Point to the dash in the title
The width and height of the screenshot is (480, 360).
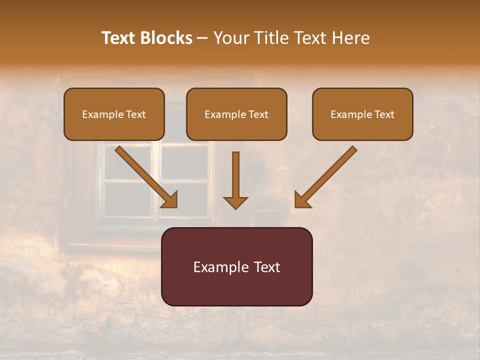(x=202, y=38)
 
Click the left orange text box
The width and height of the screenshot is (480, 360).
(x=114, y=114)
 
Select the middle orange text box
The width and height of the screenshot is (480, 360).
(x=236, y=114)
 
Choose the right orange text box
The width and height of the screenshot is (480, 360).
(x=362, y=114)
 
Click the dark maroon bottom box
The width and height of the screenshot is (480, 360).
(x=236, y=266)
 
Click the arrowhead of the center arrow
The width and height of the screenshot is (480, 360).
(x=235, y=202)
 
